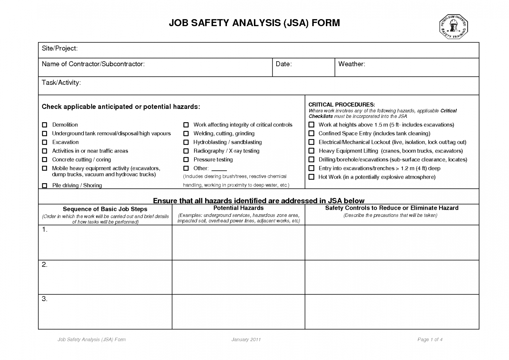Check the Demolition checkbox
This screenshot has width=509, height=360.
pos(45,125)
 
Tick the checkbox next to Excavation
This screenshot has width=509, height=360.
pos(45,142)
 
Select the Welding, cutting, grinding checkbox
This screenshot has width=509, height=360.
pos(186,134)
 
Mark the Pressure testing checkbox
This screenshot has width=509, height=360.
pos(186,160)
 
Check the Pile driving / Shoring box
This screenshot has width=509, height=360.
pos(45,185)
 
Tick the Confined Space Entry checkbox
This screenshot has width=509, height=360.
pos(311,134)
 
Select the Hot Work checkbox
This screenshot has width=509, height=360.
pos(311,177)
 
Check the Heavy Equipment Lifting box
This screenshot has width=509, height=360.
pos(311,151)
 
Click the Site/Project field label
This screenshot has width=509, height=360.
pos(60,48)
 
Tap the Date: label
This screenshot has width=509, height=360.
pos(284,64)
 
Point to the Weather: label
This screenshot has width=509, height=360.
pos(352,64)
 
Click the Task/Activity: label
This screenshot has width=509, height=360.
pos(61,83)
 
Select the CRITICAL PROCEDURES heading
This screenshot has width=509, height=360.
pos(342,105)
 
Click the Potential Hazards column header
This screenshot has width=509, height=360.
pos(239,208)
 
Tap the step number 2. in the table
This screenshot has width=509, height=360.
pos(44,265)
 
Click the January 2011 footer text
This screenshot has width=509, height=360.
pos(246,339)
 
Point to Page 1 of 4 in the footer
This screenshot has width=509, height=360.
pos(430,339)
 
